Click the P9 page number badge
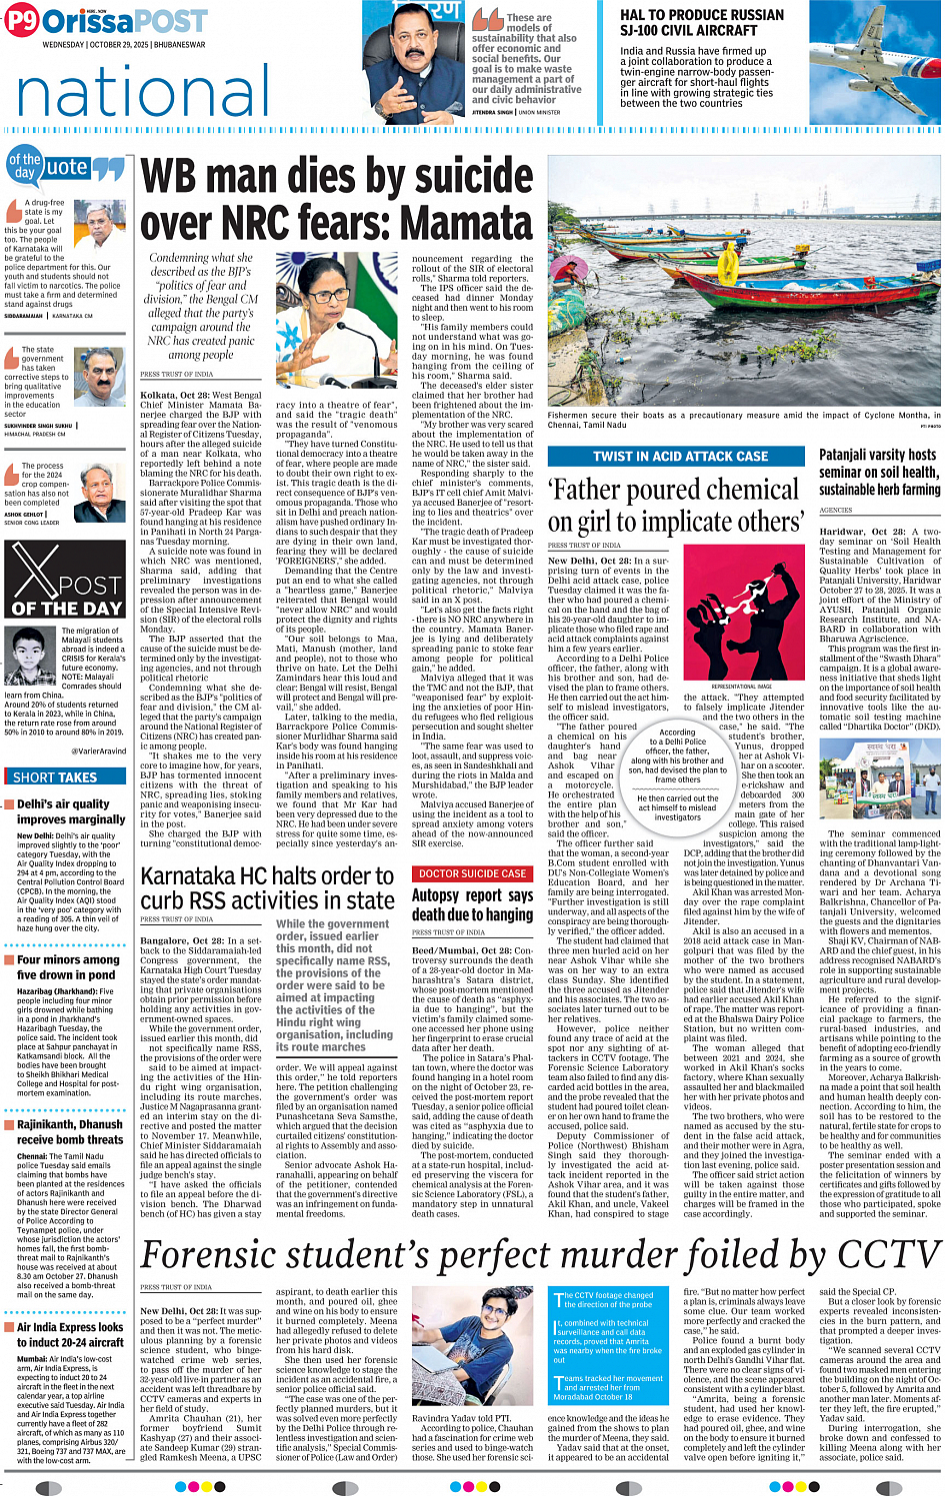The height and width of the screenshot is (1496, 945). coord(21,21)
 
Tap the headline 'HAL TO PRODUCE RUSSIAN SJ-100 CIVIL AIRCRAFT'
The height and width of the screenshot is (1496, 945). coord(701,22)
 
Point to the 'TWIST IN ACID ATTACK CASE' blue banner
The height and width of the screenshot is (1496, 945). coord(680,456)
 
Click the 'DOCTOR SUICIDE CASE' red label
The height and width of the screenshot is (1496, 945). coord(473,873)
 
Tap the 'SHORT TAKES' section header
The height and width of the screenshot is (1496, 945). coord(55,776)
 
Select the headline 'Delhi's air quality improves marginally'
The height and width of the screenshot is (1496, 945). coord(70,811)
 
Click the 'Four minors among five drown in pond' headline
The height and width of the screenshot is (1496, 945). coord(66,966)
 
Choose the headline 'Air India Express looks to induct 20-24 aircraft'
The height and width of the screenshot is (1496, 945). coord(70,1335)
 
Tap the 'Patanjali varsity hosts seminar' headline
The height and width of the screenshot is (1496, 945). coord(878,472)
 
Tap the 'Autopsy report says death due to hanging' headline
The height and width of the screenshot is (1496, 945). coord(472,904)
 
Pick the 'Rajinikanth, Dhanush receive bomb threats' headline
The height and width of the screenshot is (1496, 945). coord(70,1131)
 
